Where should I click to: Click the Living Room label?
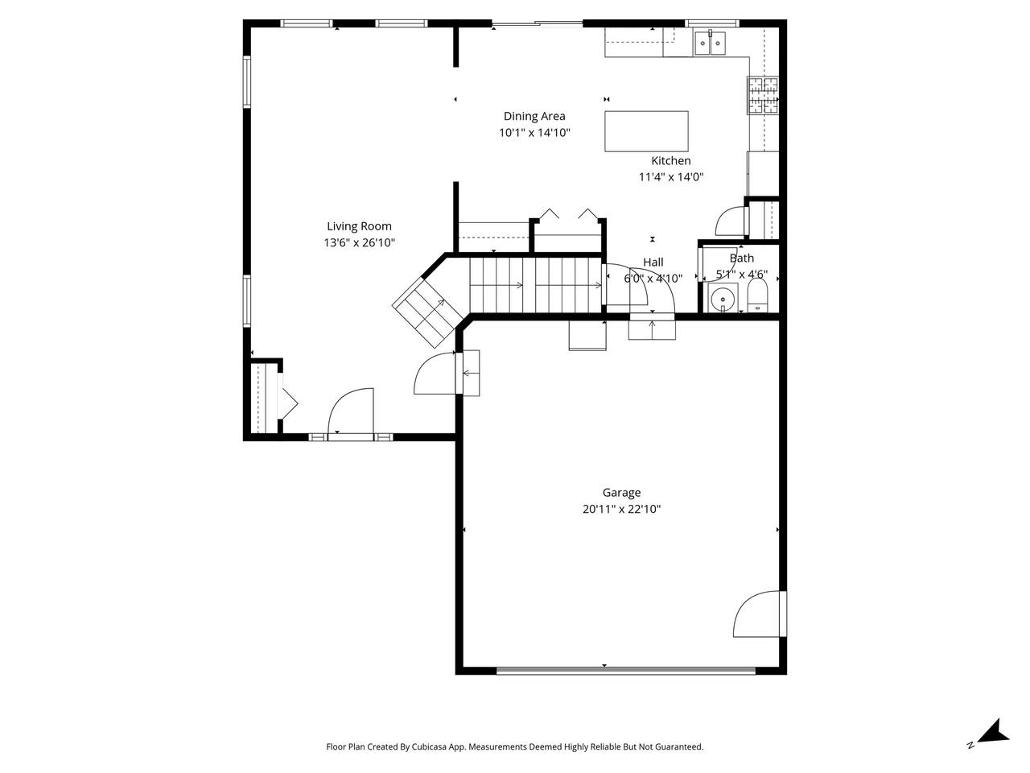pyautogui.click(x=359, y=226)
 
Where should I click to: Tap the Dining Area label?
pyautogui.click(x=534, y=116)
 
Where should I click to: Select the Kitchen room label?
pyautogui.click(x=670, y=161)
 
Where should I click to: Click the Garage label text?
pyautogui.click(x=621, y=493)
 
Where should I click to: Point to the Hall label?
pyautogui.click(x=653, y=262)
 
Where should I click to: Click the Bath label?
pyautogui.click(x=741, y=258)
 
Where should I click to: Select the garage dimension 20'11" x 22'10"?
pyautogui.click(x=621, y=510)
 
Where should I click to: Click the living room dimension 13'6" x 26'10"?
pyautogui.click(x=359, y=242)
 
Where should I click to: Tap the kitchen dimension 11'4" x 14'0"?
pyautogui.click(x=670, y=177)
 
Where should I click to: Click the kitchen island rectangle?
pyautogui.click(x=646, y=131)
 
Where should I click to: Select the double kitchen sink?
pyautogui.click(x=710, y=43)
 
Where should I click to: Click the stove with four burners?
pyautogui.click(x=762, y=94)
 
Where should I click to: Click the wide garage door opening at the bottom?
pyautogui.click(x=625, y=670)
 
